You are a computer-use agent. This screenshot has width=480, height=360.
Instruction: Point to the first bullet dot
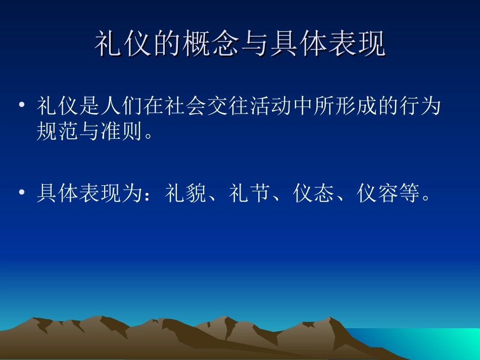click(x=22, y=107)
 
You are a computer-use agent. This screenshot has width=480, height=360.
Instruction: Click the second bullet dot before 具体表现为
click(x=22, y=193)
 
